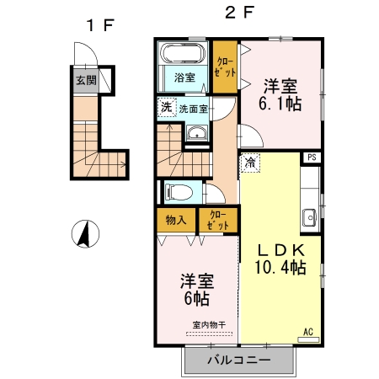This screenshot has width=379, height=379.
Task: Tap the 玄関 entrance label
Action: tap(86, 82)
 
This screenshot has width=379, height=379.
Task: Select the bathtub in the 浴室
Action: tap(181, 56)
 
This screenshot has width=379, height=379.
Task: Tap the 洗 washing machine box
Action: tap(167, 107)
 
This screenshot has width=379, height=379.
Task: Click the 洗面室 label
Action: tap(195, 108)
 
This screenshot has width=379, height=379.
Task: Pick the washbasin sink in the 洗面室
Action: tap(197, 133)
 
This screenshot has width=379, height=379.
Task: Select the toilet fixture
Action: tap(179, 190)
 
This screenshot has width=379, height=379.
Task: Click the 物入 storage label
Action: tap(175, 221)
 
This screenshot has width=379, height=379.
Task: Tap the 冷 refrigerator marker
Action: tap(252, 163)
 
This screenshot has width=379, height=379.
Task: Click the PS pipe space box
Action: tap(312, 157)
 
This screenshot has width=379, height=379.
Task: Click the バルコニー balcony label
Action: tap(238, 360)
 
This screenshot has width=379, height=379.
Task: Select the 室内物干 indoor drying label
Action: tap(208, 324)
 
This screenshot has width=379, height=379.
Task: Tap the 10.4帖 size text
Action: tap(280, 268)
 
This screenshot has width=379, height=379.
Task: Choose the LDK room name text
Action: tap(280, 249)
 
